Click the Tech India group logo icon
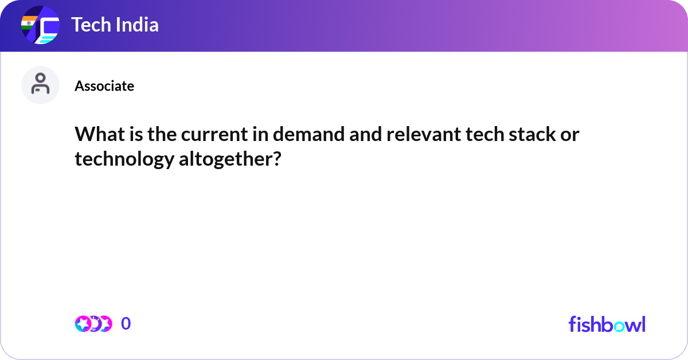(x=40, y=25)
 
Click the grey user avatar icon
(x=40, y=85)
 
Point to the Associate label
(x=104, y=86)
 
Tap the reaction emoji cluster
(x=93, y=324)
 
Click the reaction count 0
(x=126, y=324)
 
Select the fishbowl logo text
(x=607, y=324)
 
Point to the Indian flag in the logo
(x=27, y=23)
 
